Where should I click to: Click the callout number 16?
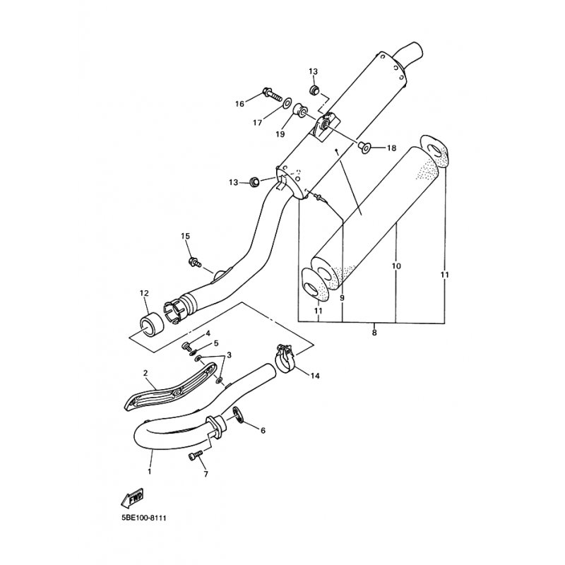point(240,104)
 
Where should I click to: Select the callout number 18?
point(391,148)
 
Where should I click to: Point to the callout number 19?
point(280,133)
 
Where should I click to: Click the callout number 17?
point(258,122)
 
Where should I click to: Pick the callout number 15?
point(186,236)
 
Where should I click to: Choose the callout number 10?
point(396,266)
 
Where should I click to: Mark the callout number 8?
point(374,331)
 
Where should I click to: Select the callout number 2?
point(145,372)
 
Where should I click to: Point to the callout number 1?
point(150,470)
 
